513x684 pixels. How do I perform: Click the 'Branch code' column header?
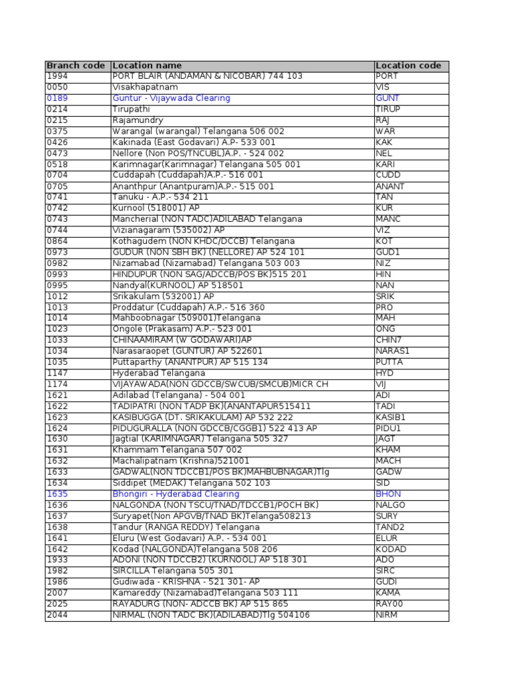click(75, 65)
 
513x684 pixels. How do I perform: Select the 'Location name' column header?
click(147, 65)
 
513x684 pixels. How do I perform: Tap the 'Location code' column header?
click(408, 65)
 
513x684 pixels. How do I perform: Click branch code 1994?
click(57, 76)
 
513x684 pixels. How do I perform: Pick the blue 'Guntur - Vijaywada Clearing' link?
click(171, 98)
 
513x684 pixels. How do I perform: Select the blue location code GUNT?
click(388, 98)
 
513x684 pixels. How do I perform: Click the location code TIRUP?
click(388, 110)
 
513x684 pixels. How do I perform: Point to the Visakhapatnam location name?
click(145, 88)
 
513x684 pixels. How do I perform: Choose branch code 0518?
click(57, 164)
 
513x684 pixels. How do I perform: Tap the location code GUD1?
click(387, 252)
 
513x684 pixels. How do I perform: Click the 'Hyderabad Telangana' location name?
click(158, 373)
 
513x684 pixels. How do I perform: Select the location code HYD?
click(385, 373)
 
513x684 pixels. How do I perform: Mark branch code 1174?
click(57, 384)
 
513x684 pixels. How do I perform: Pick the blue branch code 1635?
click(57, 494)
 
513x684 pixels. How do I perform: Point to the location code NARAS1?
click(392, 351)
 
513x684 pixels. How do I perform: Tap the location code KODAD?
click(391, 549)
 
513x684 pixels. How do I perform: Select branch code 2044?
click(57, 615)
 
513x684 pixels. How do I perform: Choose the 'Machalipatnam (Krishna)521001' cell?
click(180, 461)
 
